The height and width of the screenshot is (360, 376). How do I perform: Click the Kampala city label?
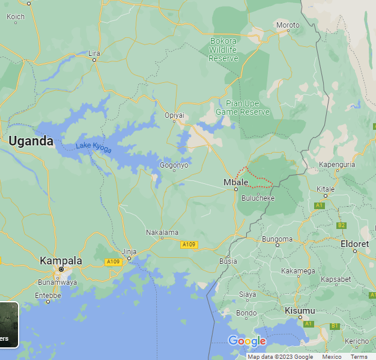61,261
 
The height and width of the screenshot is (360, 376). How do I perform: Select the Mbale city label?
235,182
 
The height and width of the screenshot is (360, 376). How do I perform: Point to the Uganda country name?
31,142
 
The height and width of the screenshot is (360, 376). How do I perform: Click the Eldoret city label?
354,244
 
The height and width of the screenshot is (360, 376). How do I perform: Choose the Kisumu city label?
299,310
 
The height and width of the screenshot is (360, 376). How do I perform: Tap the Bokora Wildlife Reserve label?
223,50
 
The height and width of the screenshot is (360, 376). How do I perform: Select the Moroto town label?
288,25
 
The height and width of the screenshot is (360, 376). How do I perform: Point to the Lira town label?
94,53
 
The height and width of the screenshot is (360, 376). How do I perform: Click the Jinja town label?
129,251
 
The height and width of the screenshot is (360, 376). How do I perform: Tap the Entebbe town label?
48,295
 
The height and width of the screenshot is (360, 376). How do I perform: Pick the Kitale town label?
326,189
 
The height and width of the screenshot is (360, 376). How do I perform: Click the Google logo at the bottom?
247,341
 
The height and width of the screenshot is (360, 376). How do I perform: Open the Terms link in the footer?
359,356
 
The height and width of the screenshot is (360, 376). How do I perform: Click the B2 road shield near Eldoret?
341,225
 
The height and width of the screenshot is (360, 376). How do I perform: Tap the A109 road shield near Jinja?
114,262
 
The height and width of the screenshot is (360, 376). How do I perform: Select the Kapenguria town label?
337,164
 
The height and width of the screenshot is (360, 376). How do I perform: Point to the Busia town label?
228,261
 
